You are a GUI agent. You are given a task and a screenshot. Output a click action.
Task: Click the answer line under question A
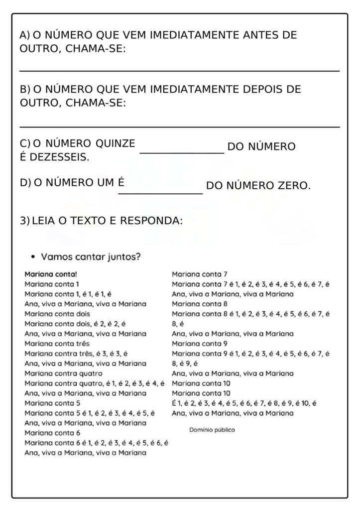pos(179,71)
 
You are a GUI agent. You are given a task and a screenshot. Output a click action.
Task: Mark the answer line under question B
pos(179,127)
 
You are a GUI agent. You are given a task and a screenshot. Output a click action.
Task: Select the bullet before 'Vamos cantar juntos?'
pos(33,257)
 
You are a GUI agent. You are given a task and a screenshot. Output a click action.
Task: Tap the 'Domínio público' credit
pos(212,429)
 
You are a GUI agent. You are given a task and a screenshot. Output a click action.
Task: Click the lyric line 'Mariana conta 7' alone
pos(200,274)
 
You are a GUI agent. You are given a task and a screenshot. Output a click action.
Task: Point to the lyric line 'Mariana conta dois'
pos(57,314)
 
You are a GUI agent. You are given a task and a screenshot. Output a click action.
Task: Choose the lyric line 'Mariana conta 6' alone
pos(52,433)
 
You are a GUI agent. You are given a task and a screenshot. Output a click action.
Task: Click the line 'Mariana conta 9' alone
pos(200,343)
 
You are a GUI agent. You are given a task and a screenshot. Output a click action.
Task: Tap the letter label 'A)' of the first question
pos(24,35)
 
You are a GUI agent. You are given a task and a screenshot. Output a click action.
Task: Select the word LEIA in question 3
pos(44,220)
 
